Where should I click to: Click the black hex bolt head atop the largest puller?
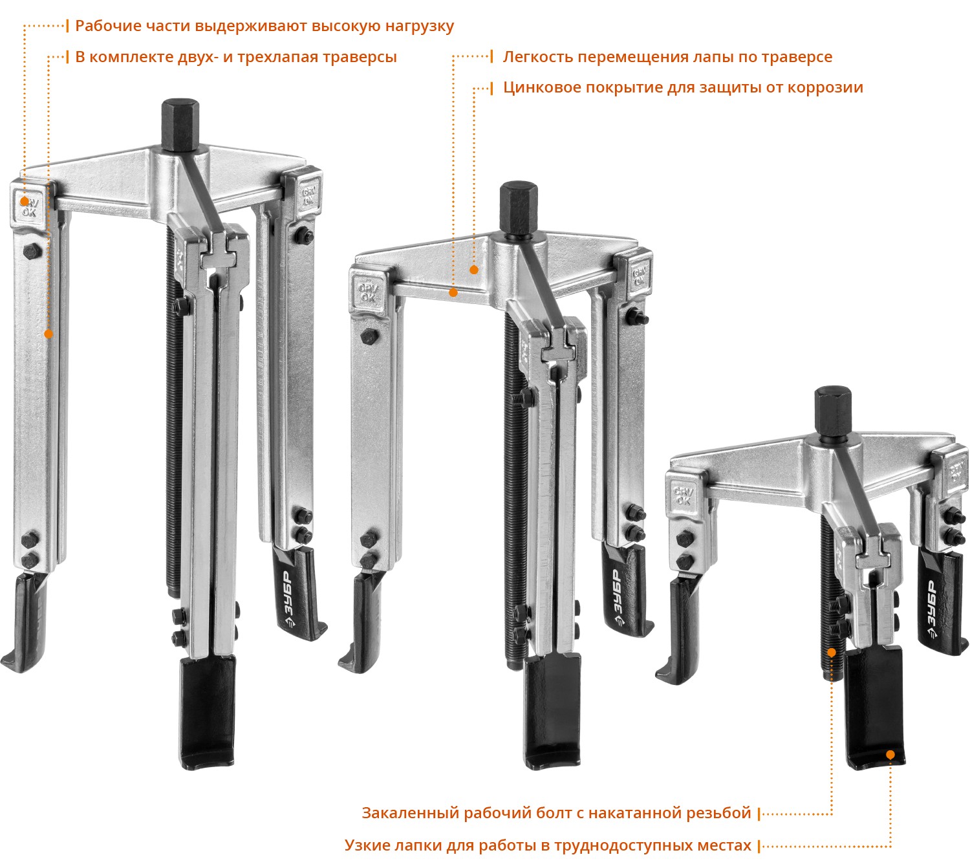pyautogui.click(x=180, y=125)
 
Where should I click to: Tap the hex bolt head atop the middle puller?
pyautogui.click(x=518, y=208)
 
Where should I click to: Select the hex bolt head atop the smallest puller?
pyautogui.click(x=833, y=411)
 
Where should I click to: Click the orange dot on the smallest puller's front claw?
pyautogui.click(x=890, y=755)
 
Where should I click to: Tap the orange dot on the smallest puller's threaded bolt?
pyautogui.click(x=832, y=653)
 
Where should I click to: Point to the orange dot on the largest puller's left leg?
pyautogui.click(x=48, y=334)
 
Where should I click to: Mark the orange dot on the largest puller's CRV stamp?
pyautogui.click(x=24, y=202)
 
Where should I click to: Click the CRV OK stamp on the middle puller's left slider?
pyautogui.click(x=368, y=292)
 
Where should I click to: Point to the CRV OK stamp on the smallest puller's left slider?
pyautogui.click(x=683, y=495)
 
